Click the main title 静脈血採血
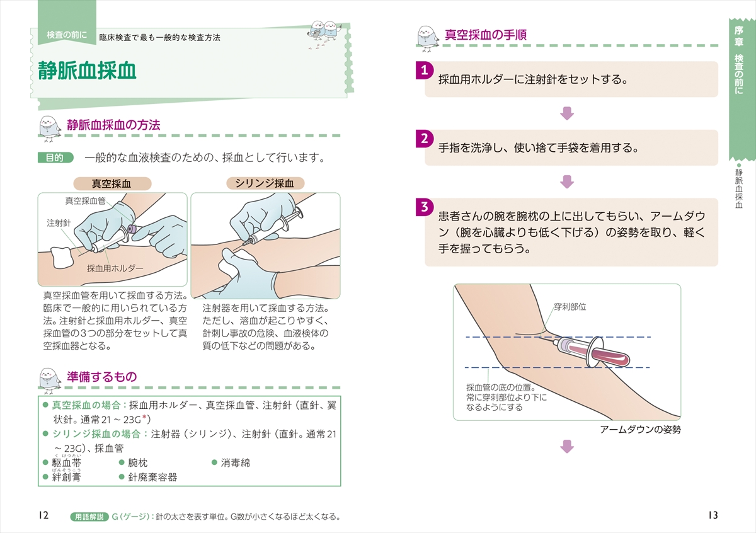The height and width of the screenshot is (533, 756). pyautogui.click(x=87, y=71)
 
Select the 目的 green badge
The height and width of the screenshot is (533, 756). pyautogui.click(x=55, y=158)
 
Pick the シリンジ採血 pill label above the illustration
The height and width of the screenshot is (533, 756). pyautogui.click(x=265, y=183)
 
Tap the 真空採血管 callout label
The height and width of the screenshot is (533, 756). pyautogui.click(x=86, y=200)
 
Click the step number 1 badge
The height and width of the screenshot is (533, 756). pyautogui.click(x=425, y=71)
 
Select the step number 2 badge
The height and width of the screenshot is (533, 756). pyautogui.click(x=425, y=139)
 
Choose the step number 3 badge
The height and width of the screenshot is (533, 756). pyautogui.click(x=425, y=207)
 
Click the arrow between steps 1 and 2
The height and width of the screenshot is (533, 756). pyautogui.click(x=567, y=113)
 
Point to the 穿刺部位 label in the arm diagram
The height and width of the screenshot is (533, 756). pyautogui.click(x=570, y=307)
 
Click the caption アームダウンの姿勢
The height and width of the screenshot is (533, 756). pyautogui.click(x=640, y=430)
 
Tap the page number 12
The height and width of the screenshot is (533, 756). pyautogui.click(x=43, y=515)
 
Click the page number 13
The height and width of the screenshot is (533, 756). pyautogui.click(x=713, y=515)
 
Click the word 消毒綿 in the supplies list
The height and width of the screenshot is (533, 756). pyautogui.click(x=236, y=462)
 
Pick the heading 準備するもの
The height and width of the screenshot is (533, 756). pyautogui.click(x=102, y=377)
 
